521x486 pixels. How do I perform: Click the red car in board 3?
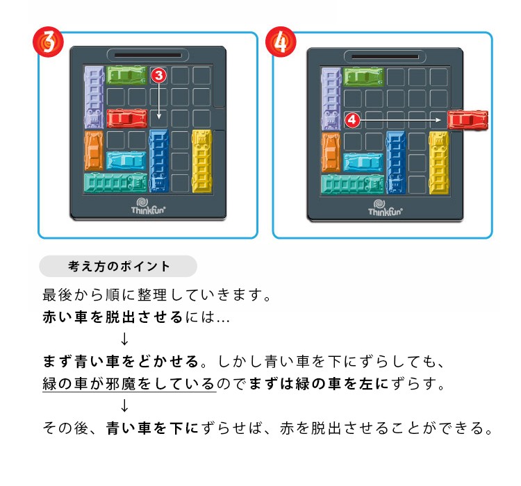tap(127, 119)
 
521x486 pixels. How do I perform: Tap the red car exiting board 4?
tap(468, 120)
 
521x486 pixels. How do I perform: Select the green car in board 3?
tap(126, 76)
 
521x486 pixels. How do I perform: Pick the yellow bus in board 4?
tap(438, 162)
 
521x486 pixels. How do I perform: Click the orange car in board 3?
tap(94, 151)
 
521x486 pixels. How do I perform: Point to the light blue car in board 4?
tap(363, 162)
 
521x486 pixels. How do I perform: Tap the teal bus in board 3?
tap(115, 183)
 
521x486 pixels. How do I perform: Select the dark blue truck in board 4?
tap(396, 162)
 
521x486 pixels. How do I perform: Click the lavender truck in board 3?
tap(94, 97)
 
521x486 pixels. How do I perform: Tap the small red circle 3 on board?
tap(159, 76)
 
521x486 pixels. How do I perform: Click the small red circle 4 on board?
tap(352, 119)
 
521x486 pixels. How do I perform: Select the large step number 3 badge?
tap(48, 42)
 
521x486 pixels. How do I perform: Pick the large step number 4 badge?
tap(281, 42)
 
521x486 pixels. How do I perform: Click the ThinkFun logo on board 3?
tap(148, 206)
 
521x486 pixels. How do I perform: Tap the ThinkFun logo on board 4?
tap(385, 208)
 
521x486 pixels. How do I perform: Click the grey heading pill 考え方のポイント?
tap(118, 266)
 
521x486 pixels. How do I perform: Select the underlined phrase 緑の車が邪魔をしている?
tap(129, 384)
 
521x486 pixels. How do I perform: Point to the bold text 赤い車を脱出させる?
tap(113, 317)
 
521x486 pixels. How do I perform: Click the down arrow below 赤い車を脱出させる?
tap(124, 339)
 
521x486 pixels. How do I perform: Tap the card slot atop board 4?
tap(385, 57)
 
